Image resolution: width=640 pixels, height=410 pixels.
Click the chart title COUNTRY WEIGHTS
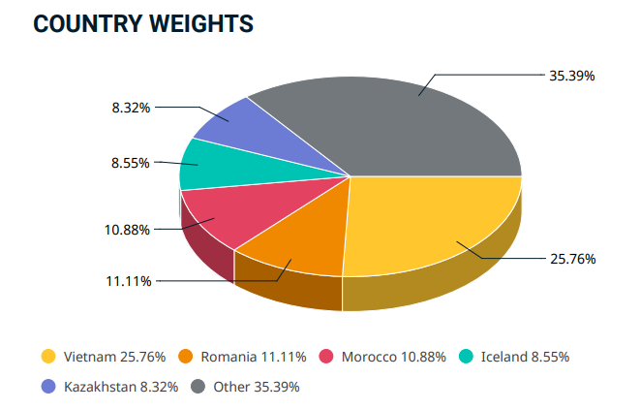143,25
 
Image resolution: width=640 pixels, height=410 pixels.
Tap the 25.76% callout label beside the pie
573,259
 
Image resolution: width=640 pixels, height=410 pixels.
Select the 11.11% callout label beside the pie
127,281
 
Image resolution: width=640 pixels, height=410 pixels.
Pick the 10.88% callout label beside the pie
127,229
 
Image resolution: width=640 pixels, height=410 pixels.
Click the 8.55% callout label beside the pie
130,163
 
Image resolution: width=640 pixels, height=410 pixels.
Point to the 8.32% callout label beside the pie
130,108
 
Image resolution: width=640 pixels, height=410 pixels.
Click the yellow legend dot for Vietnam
46,356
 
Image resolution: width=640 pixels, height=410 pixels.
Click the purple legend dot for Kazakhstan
46,387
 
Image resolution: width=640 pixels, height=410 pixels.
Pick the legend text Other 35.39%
257,387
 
